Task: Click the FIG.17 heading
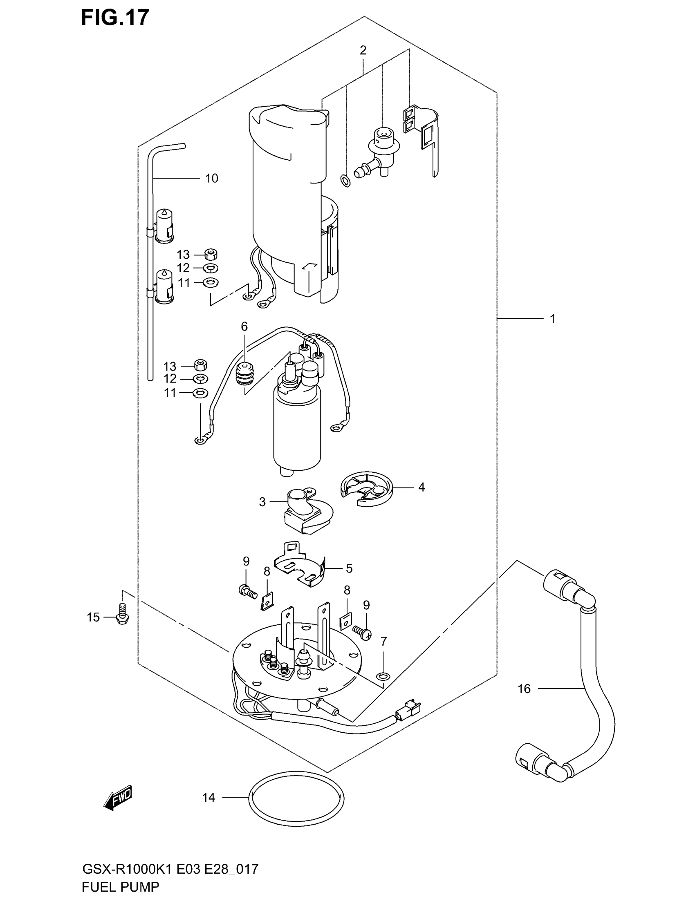tap(114, 18)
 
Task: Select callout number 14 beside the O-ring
tap(209, 798)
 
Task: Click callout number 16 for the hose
tap(524, 689)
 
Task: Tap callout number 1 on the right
tap(553, 319)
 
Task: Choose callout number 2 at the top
tap(363, 51)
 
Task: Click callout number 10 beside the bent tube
tap(212, 178)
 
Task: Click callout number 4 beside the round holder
tap(421, 487)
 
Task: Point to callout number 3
tap(262, 502)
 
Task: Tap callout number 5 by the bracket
tap(349, 568)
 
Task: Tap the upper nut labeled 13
tap(211, 254)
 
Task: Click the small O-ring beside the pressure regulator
tap(346, 180)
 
